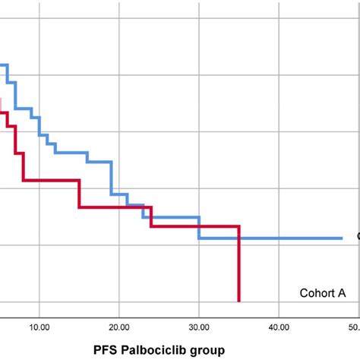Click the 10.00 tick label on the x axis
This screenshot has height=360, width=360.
point(39,306)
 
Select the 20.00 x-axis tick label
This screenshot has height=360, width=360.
point(118,306)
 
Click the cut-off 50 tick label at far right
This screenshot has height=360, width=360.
point(354,306)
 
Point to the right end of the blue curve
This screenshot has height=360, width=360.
point(342,238)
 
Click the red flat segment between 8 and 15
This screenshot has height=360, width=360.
point(51,181)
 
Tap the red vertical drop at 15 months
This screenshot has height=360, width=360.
point(79,194)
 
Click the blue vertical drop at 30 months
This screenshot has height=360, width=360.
point(199,229)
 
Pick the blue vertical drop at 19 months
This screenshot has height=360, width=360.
point(112,178)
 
